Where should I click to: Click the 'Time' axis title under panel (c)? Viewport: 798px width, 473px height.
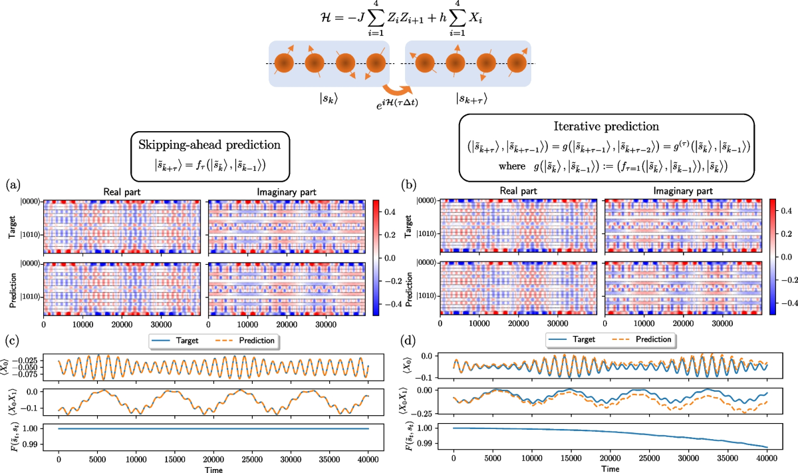pos(213,468)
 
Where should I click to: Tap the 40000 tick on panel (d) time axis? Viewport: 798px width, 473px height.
pos(767,458)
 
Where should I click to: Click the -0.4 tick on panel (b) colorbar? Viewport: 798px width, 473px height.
pos(782,301)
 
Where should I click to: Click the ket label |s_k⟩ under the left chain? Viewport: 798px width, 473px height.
pos(330,98)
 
